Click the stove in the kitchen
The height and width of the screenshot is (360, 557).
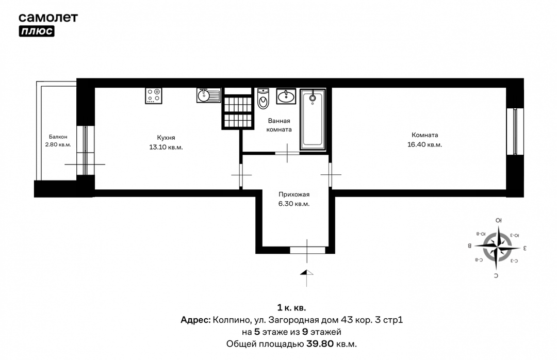click(154, 95)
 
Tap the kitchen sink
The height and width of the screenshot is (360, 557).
click(208, 95)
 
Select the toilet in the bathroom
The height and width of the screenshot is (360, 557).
click(263, 98)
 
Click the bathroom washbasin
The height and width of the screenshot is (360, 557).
click(286, 96)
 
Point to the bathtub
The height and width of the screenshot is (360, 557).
click(313, 120)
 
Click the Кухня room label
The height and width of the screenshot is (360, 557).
click(166, 138)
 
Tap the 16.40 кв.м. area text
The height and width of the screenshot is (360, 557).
click(424, 144)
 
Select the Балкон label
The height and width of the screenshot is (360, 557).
click(58, 137)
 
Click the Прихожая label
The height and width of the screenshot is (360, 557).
click(294, 194)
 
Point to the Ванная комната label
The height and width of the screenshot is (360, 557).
click(279, 125)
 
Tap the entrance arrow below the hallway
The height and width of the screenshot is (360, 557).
click(306, 272)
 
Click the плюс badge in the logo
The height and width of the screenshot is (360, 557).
click(37, 31)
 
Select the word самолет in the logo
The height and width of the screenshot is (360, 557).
click(48, 18)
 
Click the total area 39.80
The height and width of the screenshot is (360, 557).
click(320, 344)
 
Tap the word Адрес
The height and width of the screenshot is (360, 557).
click(195, 320)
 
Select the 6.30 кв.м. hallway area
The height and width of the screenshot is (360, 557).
click(294, 204)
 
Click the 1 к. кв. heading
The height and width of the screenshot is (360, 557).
click(291, 308)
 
